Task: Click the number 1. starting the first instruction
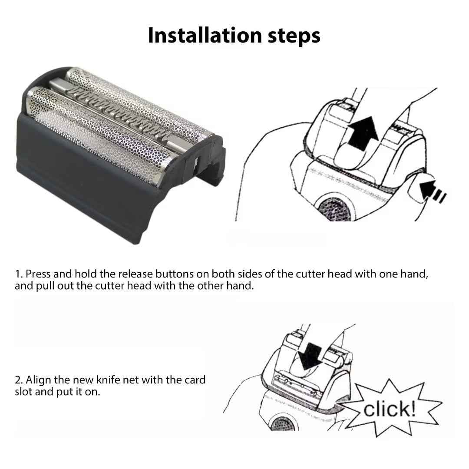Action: (x=19, y=274)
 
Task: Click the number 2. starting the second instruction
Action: (x=19, y=380)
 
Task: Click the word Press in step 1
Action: (x=37, y=274)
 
